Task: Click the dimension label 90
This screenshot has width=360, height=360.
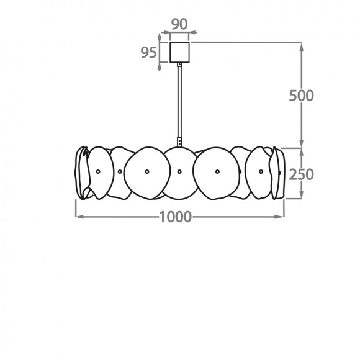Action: pyautogui.click(x=179, y=24)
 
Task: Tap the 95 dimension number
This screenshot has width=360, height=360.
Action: pyautogui.click(x=149, y=52)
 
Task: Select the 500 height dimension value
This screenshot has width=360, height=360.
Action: pyautogui.click(x=301, y=96)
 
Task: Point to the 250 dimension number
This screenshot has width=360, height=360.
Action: pyautogui.click(x=301, y=174)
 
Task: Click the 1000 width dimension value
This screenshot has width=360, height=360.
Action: pyautogui.click(x=176, y=217)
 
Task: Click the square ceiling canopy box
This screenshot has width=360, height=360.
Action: pyautogui.click(x=179, y=52)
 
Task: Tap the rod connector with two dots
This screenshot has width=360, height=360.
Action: pyautogui.click(x=179, y=142)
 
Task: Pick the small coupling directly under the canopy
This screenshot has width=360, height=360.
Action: pyautogui.click(x=179, y=65)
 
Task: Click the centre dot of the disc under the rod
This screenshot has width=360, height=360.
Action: pyautogui.click(x=179, y=171)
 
